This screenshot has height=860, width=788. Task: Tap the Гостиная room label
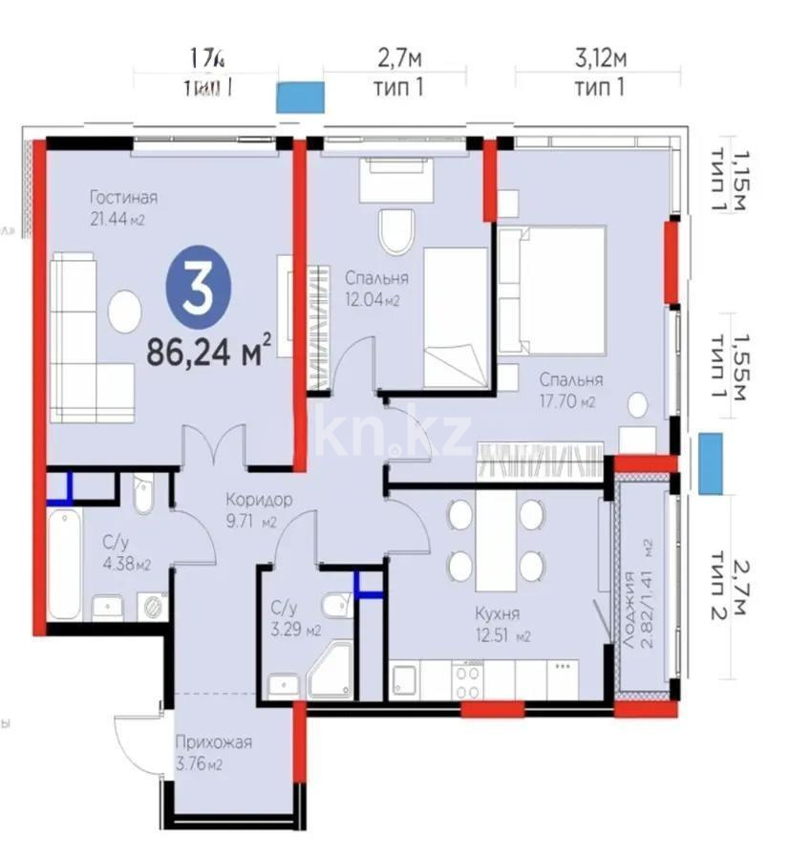123,198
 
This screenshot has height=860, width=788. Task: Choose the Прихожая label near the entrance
213,742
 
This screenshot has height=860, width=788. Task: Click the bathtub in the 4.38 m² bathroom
64,564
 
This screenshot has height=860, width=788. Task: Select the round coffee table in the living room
124,312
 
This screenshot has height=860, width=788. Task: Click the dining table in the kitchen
496,540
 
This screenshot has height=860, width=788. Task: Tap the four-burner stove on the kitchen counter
467,679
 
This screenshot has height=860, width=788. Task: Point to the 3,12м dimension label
600,59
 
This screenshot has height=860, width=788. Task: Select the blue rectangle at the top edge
300,98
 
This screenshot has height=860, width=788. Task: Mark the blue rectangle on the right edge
710,463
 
